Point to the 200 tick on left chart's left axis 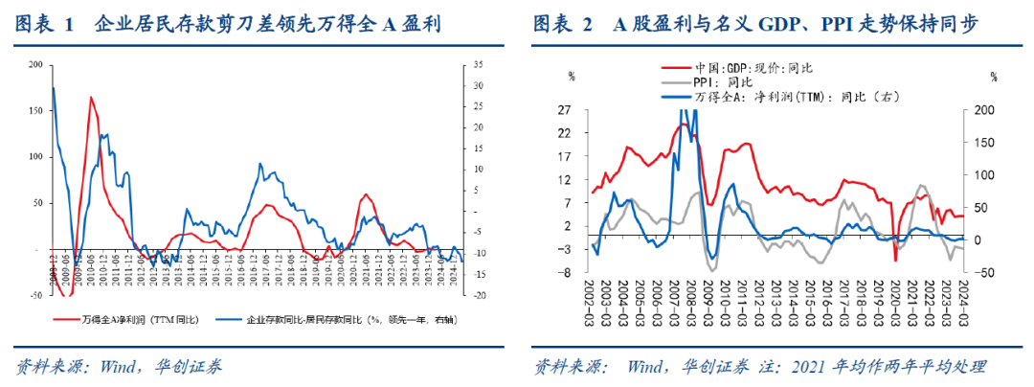tap(36, 65)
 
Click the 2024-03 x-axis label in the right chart tap(962, 299)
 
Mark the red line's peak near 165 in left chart tap(91, 98)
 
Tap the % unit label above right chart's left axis tap(572, 75)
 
